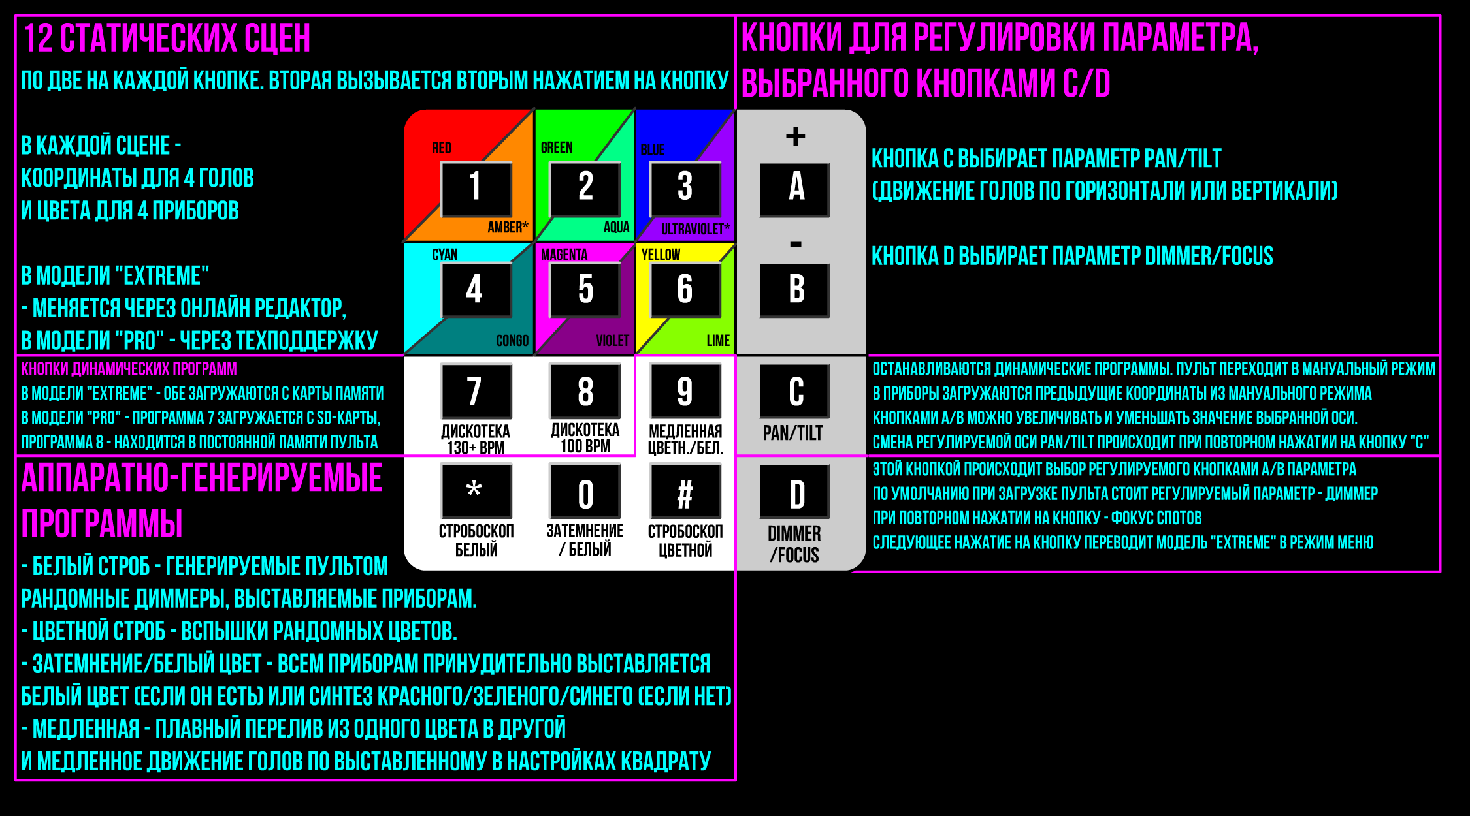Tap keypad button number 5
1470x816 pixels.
585,290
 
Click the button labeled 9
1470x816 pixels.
685,390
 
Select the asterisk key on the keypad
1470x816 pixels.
476,491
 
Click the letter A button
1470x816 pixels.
795,189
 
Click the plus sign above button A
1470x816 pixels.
795,136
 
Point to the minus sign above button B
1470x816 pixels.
795,244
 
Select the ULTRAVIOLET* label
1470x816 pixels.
695,228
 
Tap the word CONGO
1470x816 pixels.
512,341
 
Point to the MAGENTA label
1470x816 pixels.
564,255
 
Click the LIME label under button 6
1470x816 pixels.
718,341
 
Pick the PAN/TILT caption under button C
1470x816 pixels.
793,433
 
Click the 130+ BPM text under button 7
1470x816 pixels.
476,448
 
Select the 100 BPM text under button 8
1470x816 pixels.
585,446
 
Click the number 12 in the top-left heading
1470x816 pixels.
38,38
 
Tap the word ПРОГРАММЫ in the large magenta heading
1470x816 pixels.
102,523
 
